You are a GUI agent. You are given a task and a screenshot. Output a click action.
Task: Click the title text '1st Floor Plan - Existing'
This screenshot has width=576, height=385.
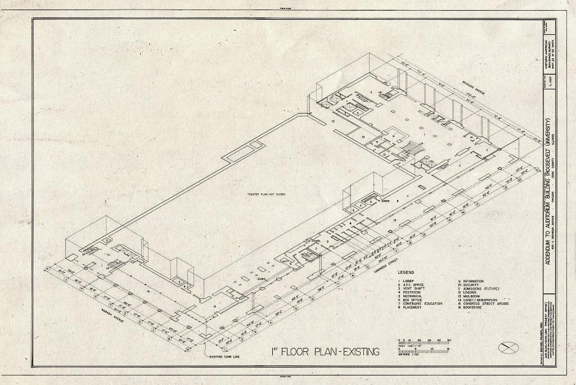tap(325, 354)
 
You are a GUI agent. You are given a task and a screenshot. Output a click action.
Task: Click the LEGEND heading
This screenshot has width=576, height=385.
tap(406, 273)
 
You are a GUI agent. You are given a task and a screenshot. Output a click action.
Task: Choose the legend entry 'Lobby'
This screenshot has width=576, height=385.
tap(408, 280)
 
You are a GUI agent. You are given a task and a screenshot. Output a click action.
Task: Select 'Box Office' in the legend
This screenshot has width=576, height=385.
tap(413, 300)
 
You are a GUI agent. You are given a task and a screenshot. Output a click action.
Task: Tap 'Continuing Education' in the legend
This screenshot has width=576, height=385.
tap(421, 304)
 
